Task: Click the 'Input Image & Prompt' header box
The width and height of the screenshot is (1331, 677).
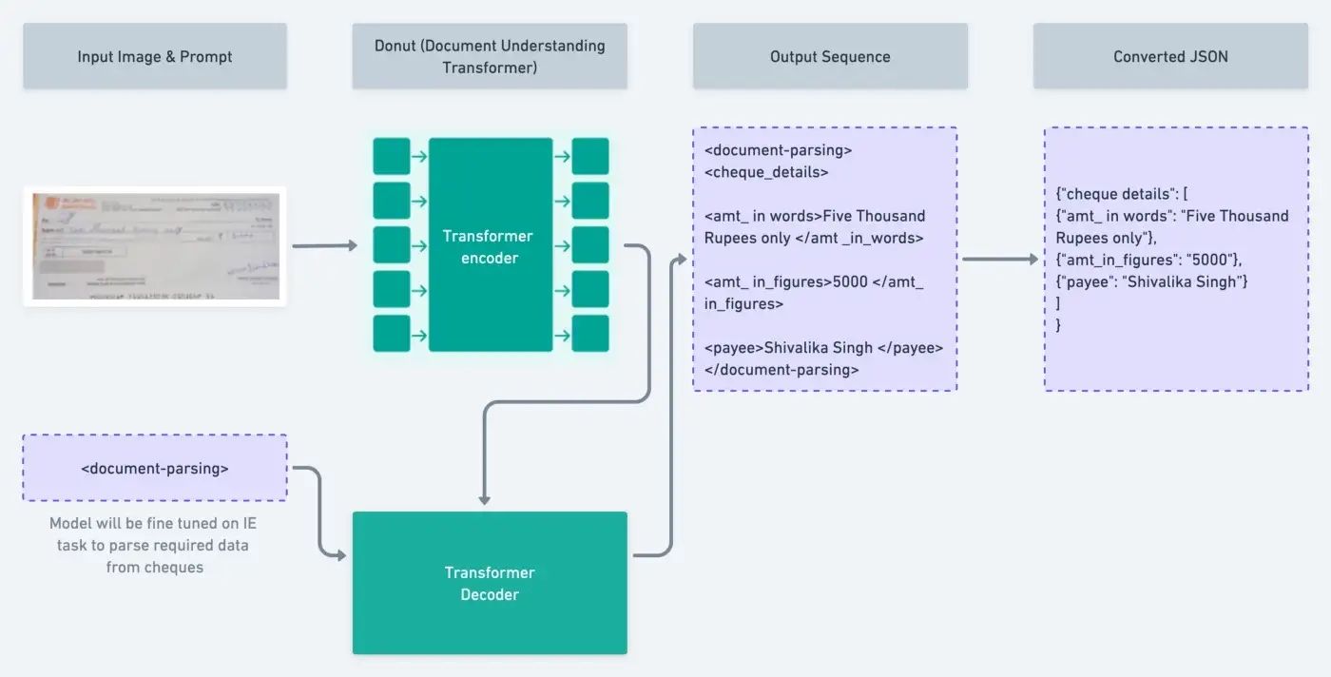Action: [155, 57]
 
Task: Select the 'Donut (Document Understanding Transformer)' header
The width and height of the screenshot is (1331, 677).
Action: [490, 57]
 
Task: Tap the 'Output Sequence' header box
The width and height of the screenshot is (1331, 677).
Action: [830, 57]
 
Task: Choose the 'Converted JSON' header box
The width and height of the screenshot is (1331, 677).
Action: [1170, 57]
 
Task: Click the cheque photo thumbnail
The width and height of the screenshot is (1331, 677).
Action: [155, 246]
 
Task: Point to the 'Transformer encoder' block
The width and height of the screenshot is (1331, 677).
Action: [491, 245]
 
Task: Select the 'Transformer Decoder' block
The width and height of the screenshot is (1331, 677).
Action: [490, 583]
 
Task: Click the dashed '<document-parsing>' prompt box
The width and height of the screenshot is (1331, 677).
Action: [155, 468]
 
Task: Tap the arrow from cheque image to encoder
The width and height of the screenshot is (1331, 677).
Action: [324, 246]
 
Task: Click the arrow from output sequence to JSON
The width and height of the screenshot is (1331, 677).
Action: [999, 259]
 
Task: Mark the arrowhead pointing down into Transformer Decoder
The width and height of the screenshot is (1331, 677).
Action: [485, 499]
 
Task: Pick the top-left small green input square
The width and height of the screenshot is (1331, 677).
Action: [392, 157]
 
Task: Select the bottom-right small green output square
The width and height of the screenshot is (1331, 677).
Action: [590, 334]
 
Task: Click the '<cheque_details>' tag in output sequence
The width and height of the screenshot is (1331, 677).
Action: [766, 172]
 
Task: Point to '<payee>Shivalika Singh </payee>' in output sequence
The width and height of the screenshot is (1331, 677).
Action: [823, 348]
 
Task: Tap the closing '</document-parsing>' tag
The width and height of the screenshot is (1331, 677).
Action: [781, 370]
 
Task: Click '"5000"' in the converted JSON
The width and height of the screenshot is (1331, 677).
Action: [1209, 260]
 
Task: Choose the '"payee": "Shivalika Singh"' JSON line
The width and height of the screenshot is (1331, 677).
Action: [1151, 281]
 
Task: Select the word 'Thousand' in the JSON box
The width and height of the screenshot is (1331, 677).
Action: [1254, 216]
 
